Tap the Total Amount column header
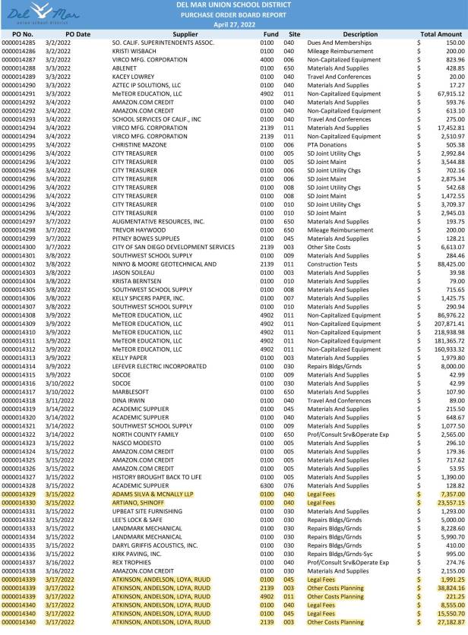click(x=441, y=34)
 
